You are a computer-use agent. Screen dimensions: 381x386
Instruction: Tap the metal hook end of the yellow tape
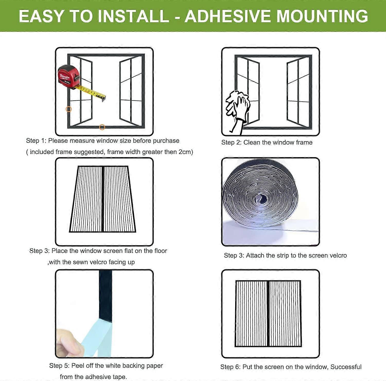pyautogui.click(x=104, y=98)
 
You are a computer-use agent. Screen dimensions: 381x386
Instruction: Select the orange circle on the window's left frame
pyautogui.click(x=69, y=109)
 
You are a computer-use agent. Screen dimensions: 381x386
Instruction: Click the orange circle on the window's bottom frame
pyautogui.click(x=102, y=127)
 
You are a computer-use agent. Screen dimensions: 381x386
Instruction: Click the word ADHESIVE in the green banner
pyautogui.click(x=227, y=16)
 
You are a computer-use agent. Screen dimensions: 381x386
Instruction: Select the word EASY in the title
pyautogui.click(x=41, y=16)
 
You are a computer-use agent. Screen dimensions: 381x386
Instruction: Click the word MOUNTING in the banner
pyautogui.click(x=322, y=16)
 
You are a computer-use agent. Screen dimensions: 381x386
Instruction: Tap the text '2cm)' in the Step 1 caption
pyautogui.click(x=186, y=152)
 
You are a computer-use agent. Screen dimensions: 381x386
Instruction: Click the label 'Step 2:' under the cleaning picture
pyautogui.click(x=231, y=142)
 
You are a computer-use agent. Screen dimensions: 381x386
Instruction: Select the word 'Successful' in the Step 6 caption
pyautogui.click(x=346, y=367)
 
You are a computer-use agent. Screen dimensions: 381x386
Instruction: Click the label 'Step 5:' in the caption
pyautogui.click(x=59, y=366)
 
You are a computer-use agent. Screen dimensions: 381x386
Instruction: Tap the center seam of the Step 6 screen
pyautogui.click(x=268, y=314)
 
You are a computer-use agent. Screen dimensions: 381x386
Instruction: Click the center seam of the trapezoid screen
pyautogui.click(x=103, y=199)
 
